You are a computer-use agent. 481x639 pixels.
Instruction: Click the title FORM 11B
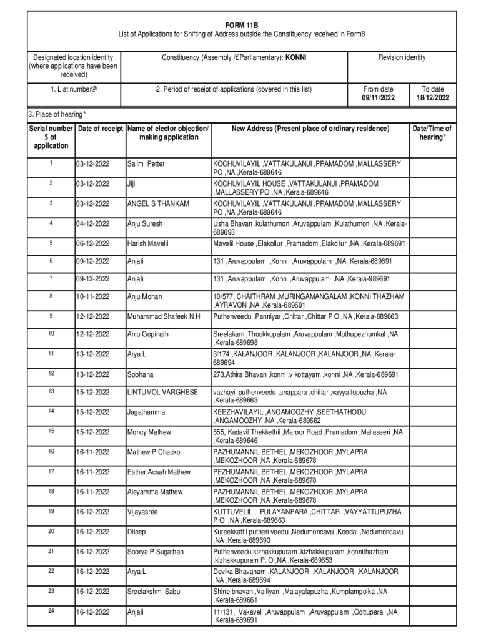(241, 24)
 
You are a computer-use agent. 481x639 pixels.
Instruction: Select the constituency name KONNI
(296, 57)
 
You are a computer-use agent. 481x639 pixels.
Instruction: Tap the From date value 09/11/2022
(378, 99)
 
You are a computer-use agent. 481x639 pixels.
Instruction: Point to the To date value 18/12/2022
(432, 99)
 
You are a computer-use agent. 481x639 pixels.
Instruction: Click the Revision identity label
(402, 57)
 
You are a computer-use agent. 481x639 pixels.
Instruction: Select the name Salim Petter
(146, 164)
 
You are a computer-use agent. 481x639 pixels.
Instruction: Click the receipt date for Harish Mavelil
(93, 243)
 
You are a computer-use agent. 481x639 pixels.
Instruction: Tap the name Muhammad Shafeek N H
(164, 317)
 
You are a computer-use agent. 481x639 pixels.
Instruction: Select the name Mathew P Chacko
(152, 452)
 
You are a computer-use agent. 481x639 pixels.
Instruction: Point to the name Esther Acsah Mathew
(158, 472)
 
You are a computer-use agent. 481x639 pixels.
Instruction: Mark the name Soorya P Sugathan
(155, 552)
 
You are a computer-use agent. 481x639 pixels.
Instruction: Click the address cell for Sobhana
(306, 374)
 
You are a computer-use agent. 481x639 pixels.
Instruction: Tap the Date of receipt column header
(100, 129)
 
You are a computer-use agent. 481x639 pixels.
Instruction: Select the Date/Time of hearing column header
(431, 133)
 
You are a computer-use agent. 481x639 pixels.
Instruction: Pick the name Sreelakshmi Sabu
(154, 592)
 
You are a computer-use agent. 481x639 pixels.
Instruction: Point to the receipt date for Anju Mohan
(93, 296)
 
